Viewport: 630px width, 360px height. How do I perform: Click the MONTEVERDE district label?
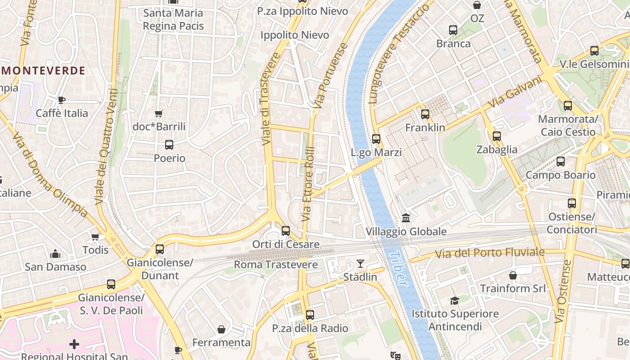click(x=43, y=71)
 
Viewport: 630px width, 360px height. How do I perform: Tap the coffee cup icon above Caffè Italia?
click(x=62, y=100)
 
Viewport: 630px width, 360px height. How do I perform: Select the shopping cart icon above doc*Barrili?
click(x=158, y=113)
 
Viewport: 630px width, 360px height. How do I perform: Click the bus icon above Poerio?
click(x=169, y=145)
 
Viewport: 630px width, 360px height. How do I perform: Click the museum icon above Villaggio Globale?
click(x=406, y=218)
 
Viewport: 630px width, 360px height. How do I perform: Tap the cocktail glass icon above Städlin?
click(x=360, y=264)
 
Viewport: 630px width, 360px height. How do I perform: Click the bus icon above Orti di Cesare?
click(x=286, y=231)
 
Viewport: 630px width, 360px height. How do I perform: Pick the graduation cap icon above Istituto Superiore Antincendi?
click(x=454, y=301)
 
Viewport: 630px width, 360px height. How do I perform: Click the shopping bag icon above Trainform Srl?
click(x=513, y=275)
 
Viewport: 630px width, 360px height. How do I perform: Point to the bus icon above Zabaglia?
click(x=497, y=136)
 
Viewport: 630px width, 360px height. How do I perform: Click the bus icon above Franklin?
click(x=425, y=114)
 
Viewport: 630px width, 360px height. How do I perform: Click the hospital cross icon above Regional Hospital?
click(x=74, y=345)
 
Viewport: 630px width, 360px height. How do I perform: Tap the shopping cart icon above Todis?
click(x=95, y=237)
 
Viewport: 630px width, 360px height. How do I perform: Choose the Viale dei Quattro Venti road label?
click(x=106, y=146)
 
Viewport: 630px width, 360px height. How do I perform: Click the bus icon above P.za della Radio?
click(x=310, y=315)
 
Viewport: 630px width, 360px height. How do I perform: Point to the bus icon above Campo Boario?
click(x=560, y=162)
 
